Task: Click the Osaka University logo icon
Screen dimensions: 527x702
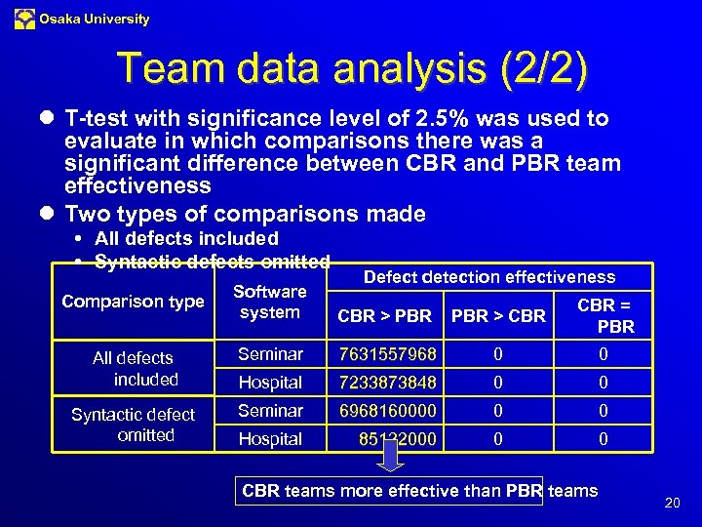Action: pyautogui.click(x=24, y=19)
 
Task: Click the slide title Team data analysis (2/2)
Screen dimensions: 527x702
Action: pyautogui.click(x=352, y=69)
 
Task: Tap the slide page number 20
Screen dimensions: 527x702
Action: pyautogui.click(x=671, y=504)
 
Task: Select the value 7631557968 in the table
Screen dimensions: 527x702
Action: pyautogui.click(x=387, y=354)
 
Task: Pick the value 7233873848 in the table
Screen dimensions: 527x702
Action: pyautogui.click(x=387, y=383)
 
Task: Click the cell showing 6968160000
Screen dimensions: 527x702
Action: pyautogui.click(x=387, y=411)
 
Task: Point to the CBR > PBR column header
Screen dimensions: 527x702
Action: pyautogui.click(x=384, y=316)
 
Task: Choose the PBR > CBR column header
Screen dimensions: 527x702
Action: pyautogui.click(x=498, y=316)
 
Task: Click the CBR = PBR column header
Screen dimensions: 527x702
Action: pyautogui.click(x=604, y=316)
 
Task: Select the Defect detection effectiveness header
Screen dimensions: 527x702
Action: pyautogui.click(x=489, y=277)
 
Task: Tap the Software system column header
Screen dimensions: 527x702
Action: pyautogui.click(x=270, y=302)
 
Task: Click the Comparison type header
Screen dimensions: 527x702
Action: pyautogui.click(x=134, y=302)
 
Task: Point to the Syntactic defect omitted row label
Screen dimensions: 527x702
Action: pyautogui.click(x=134, y=425)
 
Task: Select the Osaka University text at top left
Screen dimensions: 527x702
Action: pyautogui.click(x=95, y=19)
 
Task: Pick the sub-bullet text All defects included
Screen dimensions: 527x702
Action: pyautogui.click(x=186, y=239)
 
